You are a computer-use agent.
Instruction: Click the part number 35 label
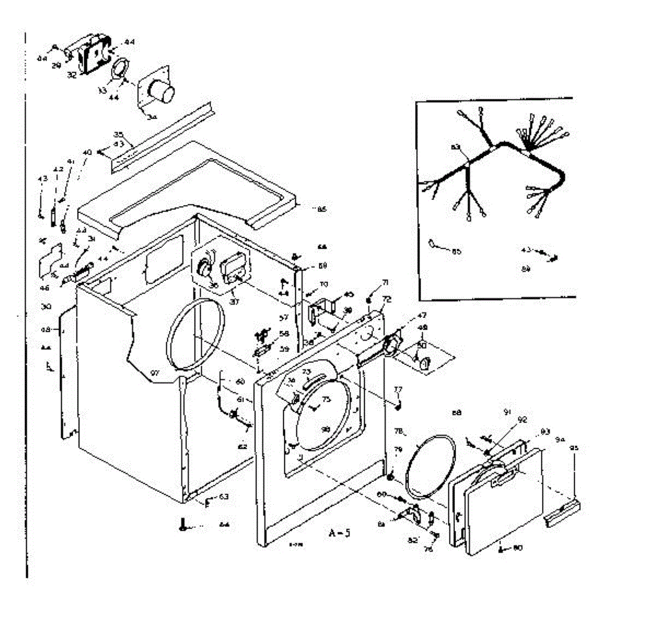117,135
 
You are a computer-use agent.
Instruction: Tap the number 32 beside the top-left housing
72,75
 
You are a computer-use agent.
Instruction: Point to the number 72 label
386,299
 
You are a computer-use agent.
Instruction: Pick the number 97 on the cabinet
155,374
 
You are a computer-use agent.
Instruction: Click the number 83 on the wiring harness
456,147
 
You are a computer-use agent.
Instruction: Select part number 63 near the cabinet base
223,496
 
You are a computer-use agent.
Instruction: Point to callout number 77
397,389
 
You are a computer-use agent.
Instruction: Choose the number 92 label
522,419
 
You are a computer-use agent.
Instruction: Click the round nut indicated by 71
369,300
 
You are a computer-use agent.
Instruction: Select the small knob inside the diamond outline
425,363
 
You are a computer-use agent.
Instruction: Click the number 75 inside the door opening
326,399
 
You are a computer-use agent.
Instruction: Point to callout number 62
243,445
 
